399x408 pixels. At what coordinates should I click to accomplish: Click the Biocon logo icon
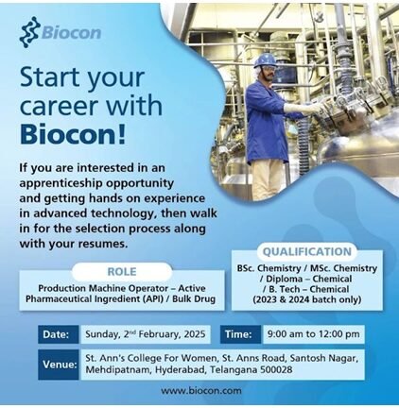point(29,31)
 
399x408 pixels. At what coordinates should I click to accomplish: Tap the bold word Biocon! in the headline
point(73,133)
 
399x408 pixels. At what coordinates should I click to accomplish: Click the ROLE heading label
point(122,272)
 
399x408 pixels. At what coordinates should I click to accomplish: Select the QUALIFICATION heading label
point(306,252)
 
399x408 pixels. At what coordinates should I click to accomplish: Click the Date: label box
point(59,334)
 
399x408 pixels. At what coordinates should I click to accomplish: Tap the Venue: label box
point(59,365)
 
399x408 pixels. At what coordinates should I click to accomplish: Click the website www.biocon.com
point(201,391)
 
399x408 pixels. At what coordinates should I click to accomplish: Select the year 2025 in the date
point(193,333)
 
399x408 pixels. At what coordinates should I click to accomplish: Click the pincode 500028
point(276,369)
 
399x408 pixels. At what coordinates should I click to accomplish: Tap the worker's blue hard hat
point(266,60)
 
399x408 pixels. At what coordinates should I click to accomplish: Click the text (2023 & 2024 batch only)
point(306,299)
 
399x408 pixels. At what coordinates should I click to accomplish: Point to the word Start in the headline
point(49,77)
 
